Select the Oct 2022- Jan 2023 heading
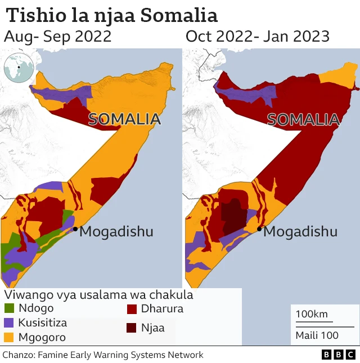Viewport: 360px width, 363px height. (x=257, y=37)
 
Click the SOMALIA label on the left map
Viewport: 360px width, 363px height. (x=124, y=119)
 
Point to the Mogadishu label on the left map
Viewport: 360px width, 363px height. (x=116, y=231)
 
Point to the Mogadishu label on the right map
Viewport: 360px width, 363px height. (x=300, y=231)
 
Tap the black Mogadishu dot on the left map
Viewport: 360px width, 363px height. (x=75, y=228)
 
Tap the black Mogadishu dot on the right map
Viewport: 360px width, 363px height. (x=259, y=228)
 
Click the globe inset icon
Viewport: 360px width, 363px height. (x=19, y=69)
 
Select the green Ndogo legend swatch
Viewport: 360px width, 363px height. (x=10, y=308)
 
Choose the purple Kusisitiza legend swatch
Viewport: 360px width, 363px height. (x=10, y=323)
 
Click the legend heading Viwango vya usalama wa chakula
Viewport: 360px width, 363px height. (x=98, y=295)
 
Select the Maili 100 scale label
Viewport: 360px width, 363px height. (x=317, y=335)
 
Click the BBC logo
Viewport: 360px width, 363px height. (x=339, y=355)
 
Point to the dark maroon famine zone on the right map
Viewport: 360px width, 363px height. (x=232, y=217)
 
